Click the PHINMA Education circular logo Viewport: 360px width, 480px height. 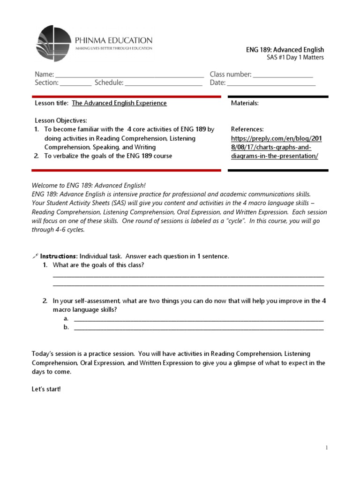(x=54, y=45)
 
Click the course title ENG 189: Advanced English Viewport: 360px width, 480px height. (x=285, y=50)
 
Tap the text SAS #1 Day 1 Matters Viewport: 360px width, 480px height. (x=295, y=58)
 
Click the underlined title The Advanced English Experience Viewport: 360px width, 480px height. (x=119, y=103)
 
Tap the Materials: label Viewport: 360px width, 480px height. (x=245, y=103)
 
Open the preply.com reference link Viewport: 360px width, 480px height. (x=277, y=147)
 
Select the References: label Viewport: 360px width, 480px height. (x=247, y=129)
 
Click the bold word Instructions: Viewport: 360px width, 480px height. (x=59, y=256)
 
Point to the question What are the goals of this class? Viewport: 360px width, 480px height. (x=98, y=265)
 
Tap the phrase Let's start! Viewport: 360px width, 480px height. (x=46, y=390)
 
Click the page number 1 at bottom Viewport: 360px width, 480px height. (x=327, y=448)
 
